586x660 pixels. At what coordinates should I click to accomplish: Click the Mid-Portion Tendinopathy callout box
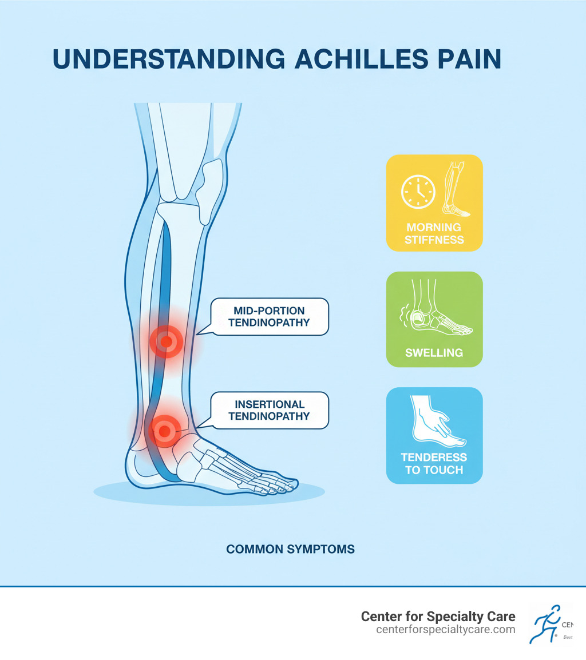pyautogui.click(x=269, y=316)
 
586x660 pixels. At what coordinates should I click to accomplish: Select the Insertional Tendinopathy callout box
pyautogui.click(x=269, y=410)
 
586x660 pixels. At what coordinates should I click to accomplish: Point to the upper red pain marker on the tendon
pyautogui.click(x=166, y=342)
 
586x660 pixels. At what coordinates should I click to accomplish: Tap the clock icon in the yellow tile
pyautogui.click(x=418, y=191)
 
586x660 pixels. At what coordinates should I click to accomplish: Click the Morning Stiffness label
pyautogui.click(x=434, y=233)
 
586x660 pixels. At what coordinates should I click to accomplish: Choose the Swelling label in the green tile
pyautogui.click(x=434, y=353)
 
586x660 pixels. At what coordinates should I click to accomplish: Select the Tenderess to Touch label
pyautogui.click(x=434, y=464)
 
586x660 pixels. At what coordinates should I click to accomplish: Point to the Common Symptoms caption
pyautogui.click(x=290, y=550)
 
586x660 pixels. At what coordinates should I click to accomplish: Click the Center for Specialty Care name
pyautogui.click(x=438, y=617)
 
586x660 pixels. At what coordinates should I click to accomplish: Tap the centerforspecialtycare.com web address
pyautogui.click(x=446, y=630)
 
